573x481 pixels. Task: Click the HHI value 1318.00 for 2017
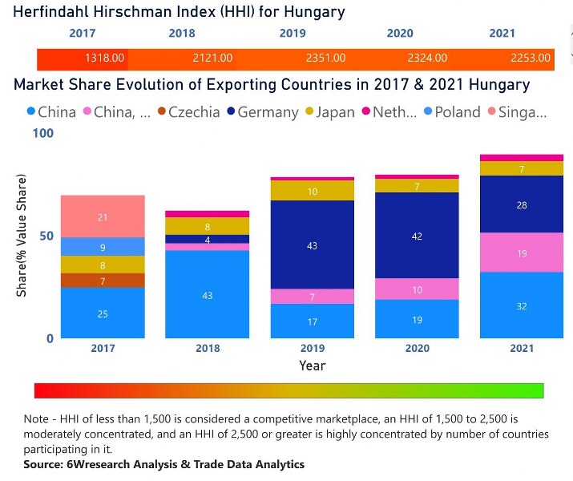[x=105, y=59]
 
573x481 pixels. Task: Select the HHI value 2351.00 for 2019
[x=325, y=59]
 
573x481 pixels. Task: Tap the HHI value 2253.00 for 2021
[x=531, y=59]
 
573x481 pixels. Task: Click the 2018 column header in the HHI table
[x=182, y=34]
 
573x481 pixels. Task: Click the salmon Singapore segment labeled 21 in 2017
[x=103, y=216]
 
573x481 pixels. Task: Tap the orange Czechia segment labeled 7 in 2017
[x=103, y=281]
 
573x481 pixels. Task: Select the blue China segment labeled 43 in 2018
[x=208, y=295]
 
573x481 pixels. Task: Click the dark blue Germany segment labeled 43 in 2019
[x=312, y=245]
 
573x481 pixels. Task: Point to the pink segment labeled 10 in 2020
[x=417, y=289]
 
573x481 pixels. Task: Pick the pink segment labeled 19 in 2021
[x=522, y=253]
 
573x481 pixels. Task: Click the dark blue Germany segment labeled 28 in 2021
[x=522, y=205]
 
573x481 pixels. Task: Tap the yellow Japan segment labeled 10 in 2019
[x=312, y=191]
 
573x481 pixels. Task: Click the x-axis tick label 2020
[x=417, y=349]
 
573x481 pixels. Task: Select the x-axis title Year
[x=312, y=366]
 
